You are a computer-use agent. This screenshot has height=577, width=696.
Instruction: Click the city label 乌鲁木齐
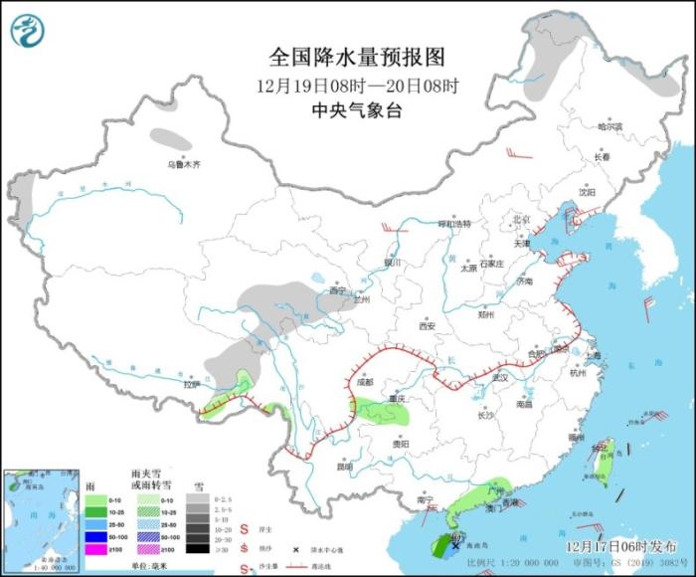tap(183, 164)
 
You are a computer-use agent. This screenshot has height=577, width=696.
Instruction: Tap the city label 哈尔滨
tap(609, 127)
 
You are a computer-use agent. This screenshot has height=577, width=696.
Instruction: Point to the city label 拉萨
tap(192, 384)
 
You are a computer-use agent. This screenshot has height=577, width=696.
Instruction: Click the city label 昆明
tap(344, 465)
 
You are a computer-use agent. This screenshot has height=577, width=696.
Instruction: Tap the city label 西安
tap(428, 325)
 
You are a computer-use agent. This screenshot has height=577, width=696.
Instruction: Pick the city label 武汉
tap(500, 377)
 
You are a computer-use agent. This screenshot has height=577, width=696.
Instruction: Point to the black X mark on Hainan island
tap(455, 545)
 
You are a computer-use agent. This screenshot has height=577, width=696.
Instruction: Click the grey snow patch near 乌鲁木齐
tap(171, 138)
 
